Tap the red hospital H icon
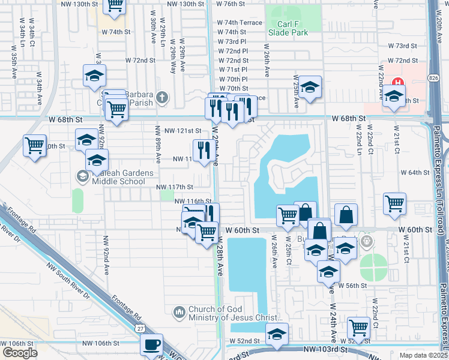click(x=396, y=82)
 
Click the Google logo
click(x=20, y=353)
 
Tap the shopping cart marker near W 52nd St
click(x=358, y=327)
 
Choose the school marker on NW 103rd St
click(x=277, y=334)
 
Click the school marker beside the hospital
click(x=394, y=96)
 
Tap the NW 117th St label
click(x=175, y=187)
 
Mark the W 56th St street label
click(x=352, y=286)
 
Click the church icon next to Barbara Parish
click(x=161, y=97)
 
